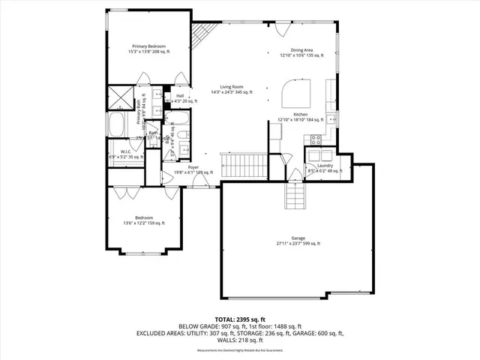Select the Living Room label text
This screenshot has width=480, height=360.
coord(230,89)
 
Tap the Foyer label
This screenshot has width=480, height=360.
coord(193,169)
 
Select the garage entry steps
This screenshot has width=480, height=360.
coord(295,196)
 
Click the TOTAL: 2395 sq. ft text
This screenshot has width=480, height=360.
coord(240,319)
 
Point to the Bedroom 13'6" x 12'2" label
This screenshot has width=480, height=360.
coord(145,220)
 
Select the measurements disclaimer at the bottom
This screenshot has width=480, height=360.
coord(240,350)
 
